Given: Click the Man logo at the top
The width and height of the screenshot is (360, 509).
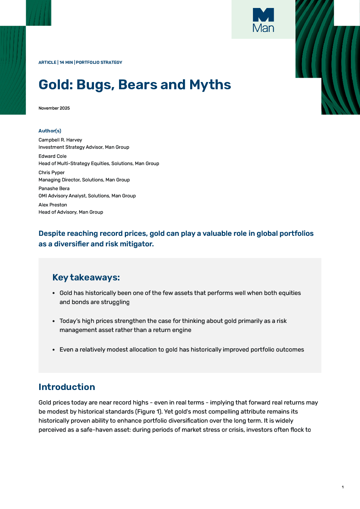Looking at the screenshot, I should (263, 20).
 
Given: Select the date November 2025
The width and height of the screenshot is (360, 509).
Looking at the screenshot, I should (54, 108).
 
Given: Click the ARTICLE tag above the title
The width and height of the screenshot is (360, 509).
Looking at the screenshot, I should (47, 62).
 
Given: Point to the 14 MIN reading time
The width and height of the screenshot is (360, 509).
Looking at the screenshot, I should (66, 62).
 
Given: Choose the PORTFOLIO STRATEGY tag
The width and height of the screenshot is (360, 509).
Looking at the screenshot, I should (99, 62).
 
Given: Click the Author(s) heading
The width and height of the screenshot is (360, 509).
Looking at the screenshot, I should (50, 131).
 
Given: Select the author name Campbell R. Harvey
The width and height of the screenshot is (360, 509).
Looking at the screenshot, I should (60, 140).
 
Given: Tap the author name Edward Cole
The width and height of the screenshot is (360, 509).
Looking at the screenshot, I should (53, 156).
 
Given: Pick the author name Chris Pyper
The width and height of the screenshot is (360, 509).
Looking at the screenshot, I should (52, 172).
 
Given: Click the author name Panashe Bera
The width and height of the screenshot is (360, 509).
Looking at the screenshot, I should (54, 188).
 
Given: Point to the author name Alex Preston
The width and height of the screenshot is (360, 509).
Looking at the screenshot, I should (53, 205).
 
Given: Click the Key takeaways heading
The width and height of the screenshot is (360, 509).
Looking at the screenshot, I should (86, 278).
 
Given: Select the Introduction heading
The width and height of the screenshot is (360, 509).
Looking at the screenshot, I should (67, 387).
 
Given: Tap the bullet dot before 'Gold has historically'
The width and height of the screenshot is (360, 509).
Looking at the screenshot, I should (54, 293).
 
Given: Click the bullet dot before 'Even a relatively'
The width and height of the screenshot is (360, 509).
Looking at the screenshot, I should (54, 350).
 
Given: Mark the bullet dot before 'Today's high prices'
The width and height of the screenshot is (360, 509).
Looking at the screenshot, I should (54, 321).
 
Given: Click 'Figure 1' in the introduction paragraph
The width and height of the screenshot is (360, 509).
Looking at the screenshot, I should (149, 412).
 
